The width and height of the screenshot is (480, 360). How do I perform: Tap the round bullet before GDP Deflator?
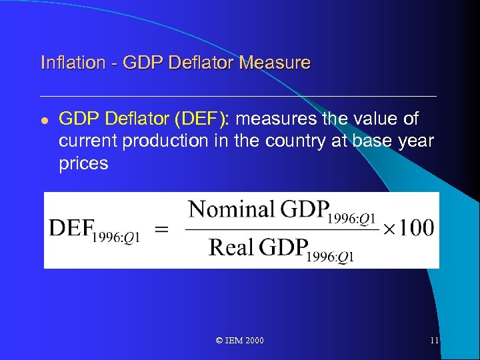(44, 120)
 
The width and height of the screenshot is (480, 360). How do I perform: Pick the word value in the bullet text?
(376, 119)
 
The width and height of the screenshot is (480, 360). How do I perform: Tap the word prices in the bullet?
(83, 164)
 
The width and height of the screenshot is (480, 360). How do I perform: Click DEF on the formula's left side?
(69, 229)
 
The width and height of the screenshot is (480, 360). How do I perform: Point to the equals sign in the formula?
(161, 229)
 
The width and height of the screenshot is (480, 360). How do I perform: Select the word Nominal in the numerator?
(231, 210)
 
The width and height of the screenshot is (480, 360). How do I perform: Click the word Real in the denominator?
(231, 248)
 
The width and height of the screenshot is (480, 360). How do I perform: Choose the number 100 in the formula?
(418, 229)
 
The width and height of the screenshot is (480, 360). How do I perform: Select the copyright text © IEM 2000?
(240, 341)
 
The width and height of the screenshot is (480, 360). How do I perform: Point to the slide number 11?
(434, 341)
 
